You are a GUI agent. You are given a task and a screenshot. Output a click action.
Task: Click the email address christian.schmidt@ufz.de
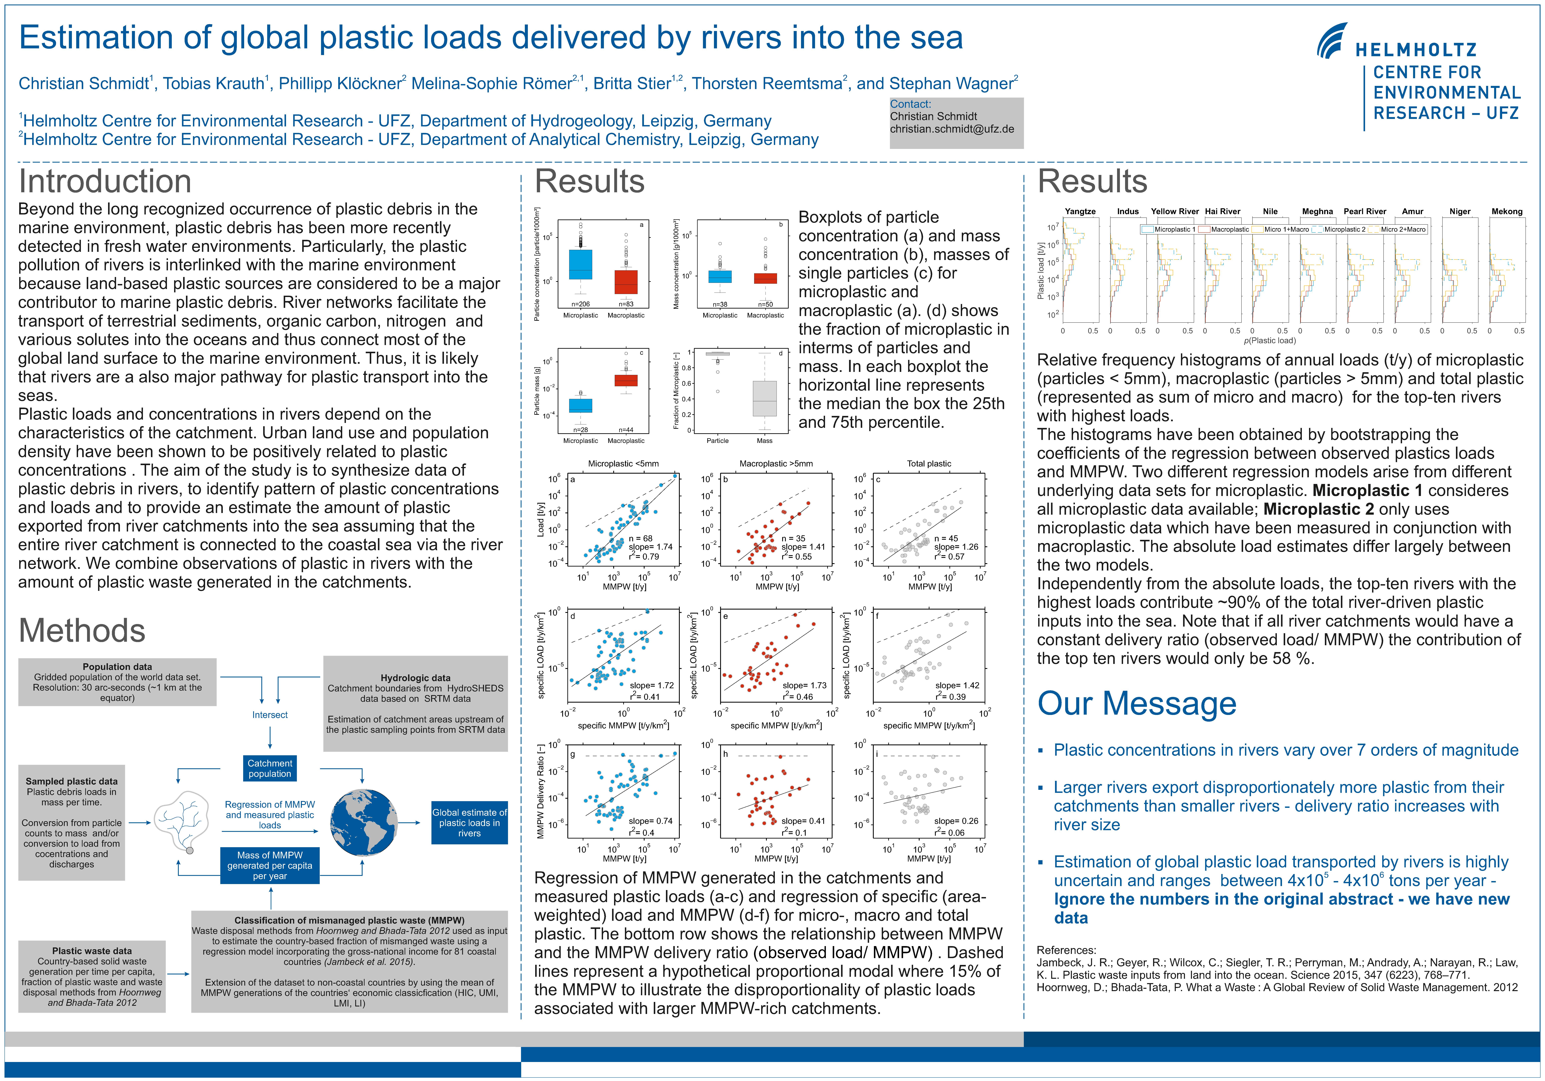(x=951, y=129)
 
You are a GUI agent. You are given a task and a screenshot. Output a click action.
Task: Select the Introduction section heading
(x=105, y=182)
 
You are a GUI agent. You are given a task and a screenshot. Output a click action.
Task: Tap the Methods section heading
(x=82, y=630)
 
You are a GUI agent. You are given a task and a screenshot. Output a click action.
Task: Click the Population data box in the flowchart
(x=117, y=681)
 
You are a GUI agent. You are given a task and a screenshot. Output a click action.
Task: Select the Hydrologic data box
(x=415, y=703)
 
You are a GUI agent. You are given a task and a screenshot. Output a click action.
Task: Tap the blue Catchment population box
(x=270, y=768)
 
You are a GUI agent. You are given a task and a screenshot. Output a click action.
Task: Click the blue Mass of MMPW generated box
(x=270, y=865)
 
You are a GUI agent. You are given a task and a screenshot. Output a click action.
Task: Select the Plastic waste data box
(x=92, y=976)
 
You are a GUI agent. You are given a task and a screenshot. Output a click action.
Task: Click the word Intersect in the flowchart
(x=270, y=715)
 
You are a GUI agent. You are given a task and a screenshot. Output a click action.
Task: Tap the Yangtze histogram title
(x=1080, y=211)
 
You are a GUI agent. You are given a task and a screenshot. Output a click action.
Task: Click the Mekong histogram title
(x=1507, y=211)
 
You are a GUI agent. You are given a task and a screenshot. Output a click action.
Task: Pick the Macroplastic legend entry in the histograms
(x=1229, y=229)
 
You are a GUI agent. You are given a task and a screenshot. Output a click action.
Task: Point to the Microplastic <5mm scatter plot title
(x=623, y=463)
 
